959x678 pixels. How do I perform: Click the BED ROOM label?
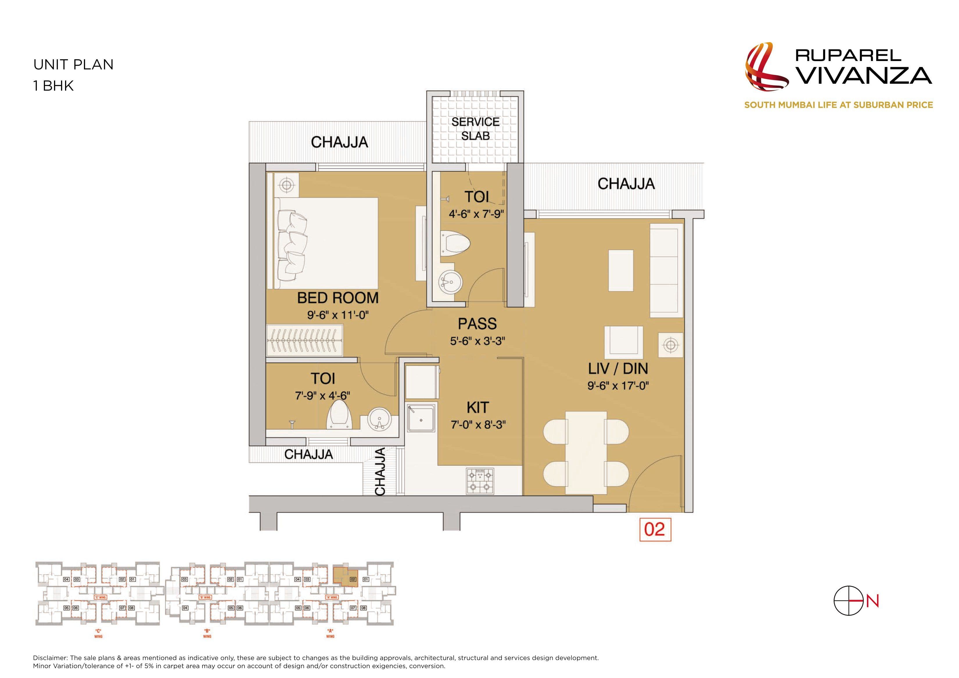(x=337, y=298)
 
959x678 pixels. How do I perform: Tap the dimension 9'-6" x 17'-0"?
(x=618, y=385)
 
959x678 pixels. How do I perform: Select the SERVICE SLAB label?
(x=475, y=129)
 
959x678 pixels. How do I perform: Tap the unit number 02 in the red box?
(x=655, y=529)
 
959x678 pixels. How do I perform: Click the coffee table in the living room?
(x=621, y=270)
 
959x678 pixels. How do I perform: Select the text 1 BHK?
(x=53, y=86)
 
